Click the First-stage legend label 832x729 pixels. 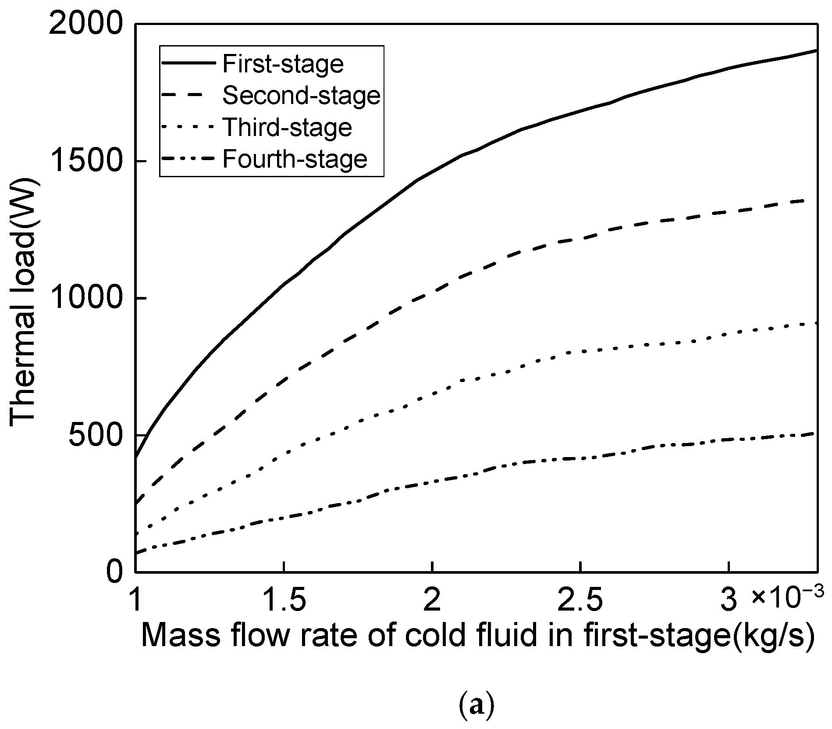(283, 64)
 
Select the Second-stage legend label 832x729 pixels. (301, 96)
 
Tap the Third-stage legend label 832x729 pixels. (287, 127)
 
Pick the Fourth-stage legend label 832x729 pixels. (295, 159)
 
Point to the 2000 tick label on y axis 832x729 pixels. (85, 25)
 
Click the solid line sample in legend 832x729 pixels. (189, 63)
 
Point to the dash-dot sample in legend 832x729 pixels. (189, 158)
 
